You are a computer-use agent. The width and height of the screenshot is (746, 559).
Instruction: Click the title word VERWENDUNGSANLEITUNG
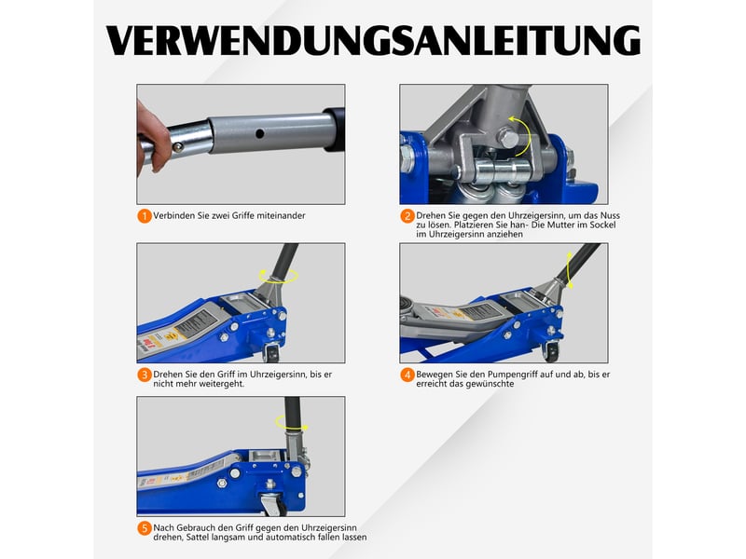tap(374, 40)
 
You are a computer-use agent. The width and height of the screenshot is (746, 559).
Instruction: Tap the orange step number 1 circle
tap(145, 216)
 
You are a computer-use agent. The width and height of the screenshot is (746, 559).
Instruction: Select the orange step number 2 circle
tap(408, 216)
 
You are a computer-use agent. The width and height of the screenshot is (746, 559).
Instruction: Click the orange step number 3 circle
tap(145, 375)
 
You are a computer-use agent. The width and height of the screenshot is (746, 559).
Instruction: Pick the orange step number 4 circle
tap(408, 375)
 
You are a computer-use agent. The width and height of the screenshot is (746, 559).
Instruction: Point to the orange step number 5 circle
tap(145, 528)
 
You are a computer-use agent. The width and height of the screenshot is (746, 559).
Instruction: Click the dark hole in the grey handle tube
tap(259, 133)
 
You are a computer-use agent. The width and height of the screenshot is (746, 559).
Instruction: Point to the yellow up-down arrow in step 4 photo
tap(570, 270)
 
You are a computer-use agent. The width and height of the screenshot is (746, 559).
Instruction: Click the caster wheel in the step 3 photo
tap(272, 353)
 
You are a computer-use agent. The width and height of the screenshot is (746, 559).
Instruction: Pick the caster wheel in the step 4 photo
tap(552, 352)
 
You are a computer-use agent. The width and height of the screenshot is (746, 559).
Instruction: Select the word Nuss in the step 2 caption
tap(610, 215)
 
